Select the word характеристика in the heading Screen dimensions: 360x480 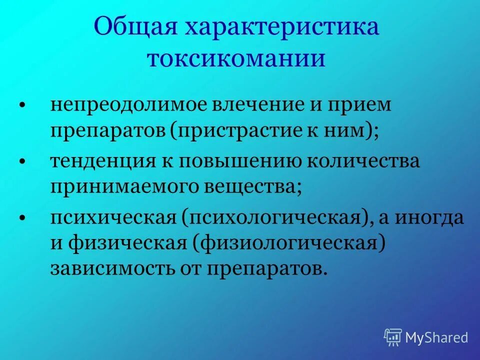(283, 27)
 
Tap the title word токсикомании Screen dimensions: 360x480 (236, 59)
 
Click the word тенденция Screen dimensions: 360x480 (101, 162)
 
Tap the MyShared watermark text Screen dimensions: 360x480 (436, 337)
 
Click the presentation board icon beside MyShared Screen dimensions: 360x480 (393, 337)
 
